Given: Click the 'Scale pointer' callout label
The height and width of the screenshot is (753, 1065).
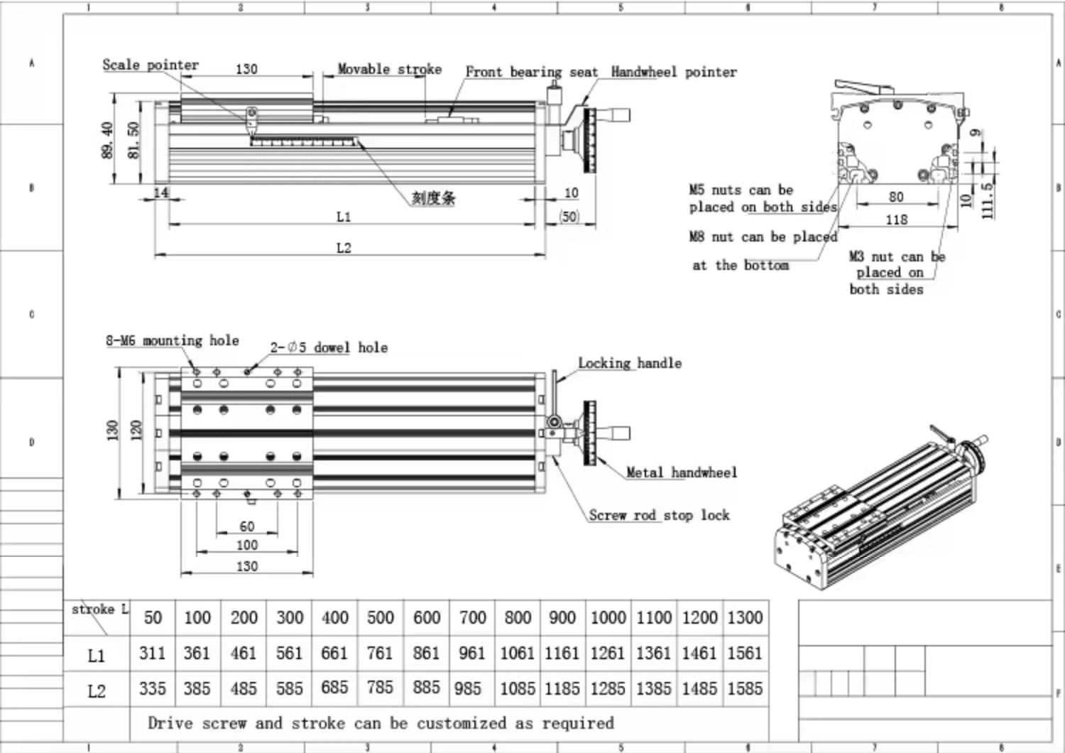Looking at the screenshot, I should (150, 65).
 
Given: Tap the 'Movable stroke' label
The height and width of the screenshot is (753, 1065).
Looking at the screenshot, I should (389, 69).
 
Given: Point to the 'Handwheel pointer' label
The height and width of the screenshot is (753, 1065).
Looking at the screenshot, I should (673, 72).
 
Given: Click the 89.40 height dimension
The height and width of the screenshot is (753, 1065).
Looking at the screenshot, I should (107, 139).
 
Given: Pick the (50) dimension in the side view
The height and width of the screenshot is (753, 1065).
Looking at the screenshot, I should (569, 216).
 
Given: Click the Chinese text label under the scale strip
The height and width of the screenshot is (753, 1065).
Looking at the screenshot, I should (433, 198).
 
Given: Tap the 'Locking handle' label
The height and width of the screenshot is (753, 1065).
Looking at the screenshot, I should (629, 363).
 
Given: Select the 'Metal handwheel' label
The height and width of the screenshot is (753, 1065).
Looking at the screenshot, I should (681, 472).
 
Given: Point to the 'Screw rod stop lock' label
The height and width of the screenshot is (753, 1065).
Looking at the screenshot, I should (659, 515).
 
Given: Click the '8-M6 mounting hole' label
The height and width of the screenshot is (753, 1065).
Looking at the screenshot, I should (172, 341).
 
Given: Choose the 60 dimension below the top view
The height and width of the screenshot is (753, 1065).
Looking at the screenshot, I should (246, 526).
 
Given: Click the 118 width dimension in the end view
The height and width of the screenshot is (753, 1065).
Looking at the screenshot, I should (896, 220).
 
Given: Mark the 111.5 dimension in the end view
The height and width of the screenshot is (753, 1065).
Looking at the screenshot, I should (986, 200).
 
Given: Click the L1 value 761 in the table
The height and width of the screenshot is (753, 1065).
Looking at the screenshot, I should (380, 652).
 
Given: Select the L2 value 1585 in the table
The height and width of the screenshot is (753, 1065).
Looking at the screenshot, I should (745, 688).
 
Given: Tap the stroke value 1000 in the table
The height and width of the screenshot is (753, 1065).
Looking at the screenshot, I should (608, 617).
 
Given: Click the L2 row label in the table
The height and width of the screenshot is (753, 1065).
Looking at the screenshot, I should (97, 690).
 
